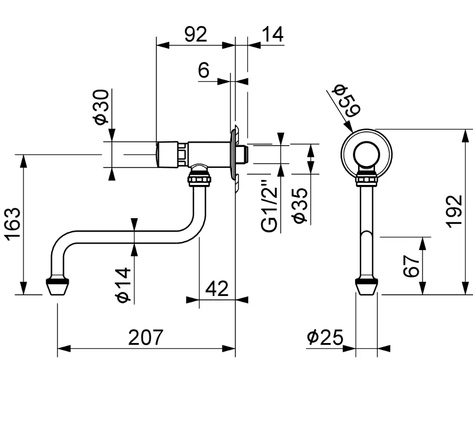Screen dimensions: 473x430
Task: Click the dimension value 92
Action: [x=196, y=34]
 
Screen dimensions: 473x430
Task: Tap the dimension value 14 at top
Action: [x=273, y=34]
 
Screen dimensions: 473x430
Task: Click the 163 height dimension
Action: [x=13, y=224]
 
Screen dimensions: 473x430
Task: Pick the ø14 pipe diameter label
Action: [x=123, y=284]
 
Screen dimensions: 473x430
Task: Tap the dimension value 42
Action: [x=217, y=289]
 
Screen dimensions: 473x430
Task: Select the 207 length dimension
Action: [x=146, y=338]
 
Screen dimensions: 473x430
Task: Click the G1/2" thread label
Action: [x=269, y=206]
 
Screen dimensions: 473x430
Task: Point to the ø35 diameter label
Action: [x=300, y=205]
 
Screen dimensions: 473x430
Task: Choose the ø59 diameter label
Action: [x=346, y=101]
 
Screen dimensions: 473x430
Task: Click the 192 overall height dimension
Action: [x=455, y=211]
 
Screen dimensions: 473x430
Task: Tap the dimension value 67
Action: [x=412, y=265]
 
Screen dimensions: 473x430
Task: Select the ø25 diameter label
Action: [x=325, y=338]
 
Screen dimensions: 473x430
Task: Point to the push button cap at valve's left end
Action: [x=167, y=154]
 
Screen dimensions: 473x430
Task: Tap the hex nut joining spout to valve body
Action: [x=199, y=179]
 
